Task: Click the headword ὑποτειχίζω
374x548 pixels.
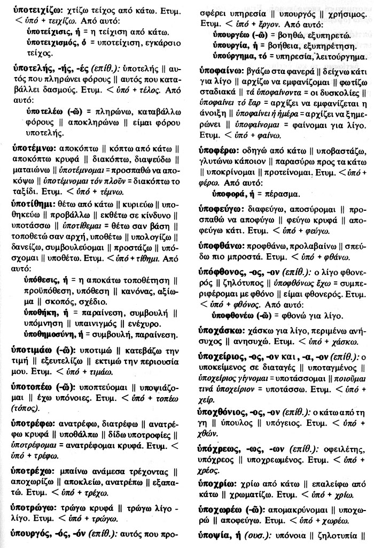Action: pos(32,11)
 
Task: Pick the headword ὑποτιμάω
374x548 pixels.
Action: pos(30,349)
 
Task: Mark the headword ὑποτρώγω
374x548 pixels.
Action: pos(31,505)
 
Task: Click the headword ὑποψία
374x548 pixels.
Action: pos(213,535)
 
